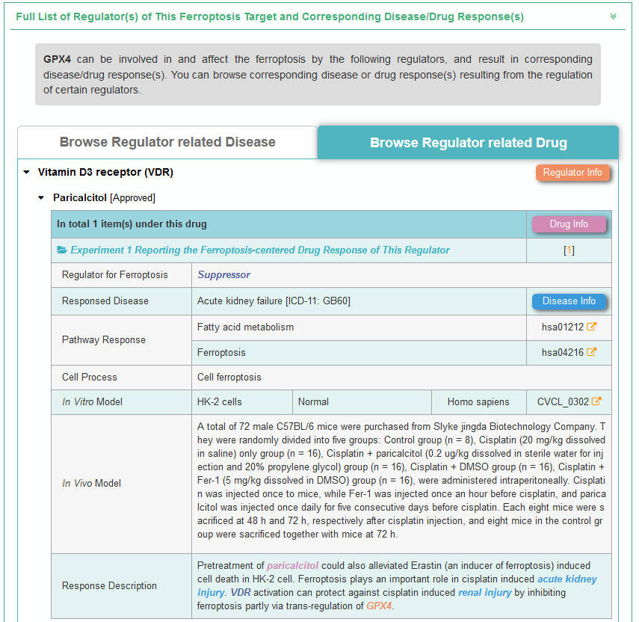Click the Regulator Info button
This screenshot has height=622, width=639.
572,173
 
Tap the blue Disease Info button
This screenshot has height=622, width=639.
569,301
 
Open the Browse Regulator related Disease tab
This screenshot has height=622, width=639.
167,142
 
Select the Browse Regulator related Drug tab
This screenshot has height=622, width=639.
469,143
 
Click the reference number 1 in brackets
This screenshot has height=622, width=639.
569,250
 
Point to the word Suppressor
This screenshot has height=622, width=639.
223,275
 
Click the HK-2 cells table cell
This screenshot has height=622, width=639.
219,401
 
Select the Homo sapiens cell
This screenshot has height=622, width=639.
478,401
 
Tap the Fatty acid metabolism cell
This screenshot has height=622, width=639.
245,327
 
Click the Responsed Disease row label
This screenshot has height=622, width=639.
105,301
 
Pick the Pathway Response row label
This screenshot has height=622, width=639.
103,339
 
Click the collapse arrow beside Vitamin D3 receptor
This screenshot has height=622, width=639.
27,173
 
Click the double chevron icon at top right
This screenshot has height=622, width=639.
614,16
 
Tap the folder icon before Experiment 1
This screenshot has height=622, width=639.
62,250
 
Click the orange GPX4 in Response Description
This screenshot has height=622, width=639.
379,606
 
